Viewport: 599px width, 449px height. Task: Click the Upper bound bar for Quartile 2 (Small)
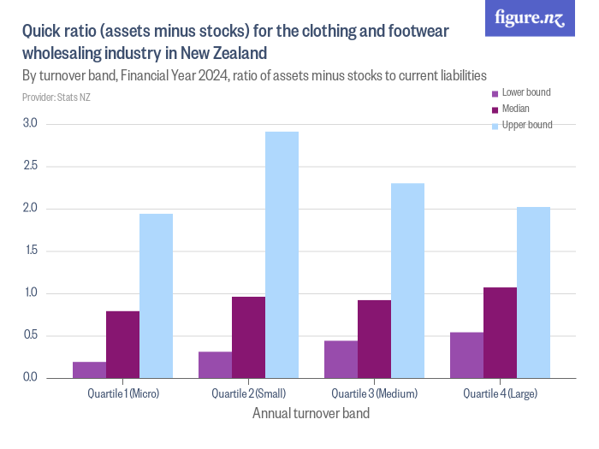tap(282, 255)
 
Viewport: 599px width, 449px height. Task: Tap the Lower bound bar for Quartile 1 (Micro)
tap(89, 369)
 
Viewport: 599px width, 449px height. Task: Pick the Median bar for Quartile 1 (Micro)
tap(122, 345)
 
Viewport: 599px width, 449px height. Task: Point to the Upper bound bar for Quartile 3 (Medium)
tap(407, 281)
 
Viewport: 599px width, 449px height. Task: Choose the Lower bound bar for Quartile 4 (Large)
tap(466, 355)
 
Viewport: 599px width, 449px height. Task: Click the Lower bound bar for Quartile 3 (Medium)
tap(341, 359)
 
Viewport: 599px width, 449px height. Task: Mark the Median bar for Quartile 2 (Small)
tap(248, 337)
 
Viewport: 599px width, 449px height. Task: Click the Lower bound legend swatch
tap(494, 92)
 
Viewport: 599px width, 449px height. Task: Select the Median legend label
tap(515, 109)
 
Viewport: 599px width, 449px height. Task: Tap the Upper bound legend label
tap(526, 125)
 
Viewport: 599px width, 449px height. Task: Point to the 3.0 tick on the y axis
tap(30, 124)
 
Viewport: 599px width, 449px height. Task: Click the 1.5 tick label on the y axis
tap(30, 251)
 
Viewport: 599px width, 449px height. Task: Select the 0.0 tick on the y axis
tap(30, 378)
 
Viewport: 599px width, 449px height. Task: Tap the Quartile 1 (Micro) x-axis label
tap(123, 394)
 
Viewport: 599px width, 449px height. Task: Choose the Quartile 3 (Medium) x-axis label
tap(374, 394)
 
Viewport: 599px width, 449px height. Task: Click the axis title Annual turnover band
tap(311, 414)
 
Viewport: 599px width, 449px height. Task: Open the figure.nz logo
tap(530, 19)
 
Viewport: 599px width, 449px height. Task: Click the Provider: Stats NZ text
tap(56, 97)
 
